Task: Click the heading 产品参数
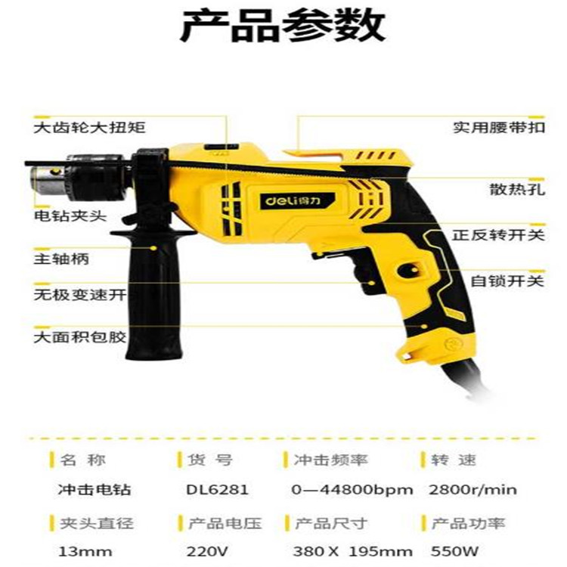283,26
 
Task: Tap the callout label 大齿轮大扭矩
90,128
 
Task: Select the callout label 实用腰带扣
499,127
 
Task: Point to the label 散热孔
517,189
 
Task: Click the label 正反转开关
498,235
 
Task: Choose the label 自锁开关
507,281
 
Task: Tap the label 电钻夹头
70,216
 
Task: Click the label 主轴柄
61,259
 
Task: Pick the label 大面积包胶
79,337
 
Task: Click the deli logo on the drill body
297,200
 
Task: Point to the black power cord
466,380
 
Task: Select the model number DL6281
217,490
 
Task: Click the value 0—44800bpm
352,490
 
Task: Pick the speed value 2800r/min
473,490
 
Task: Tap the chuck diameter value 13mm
85,552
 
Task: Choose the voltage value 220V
207,552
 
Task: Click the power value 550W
454,551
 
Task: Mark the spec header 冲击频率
330,460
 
